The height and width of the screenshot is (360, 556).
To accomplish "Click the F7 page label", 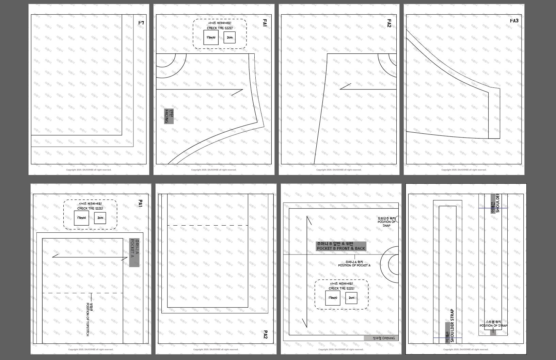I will point(141,23).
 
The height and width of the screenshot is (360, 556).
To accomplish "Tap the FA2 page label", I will point(389,23).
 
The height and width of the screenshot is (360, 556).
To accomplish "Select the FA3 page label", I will point(514,21).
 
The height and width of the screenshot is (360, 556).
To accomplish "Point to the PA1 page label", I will point(140,203).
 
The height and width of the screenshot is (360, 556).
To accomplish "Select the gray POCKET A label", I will point(134,252).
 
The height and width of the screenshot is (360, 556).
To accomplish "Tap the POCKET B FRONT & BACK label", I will point(341,246).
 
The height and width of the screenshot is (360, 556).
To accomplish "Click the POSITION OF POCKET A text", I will point(354,264).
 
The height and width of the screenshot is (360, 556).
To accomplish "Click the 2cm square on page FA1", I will point(229,37).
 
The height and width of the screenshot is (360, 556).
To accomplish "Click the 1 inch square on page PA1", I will point(81,218).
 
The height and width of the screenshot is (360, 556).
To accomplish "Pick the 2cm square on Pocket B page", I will point(351,298).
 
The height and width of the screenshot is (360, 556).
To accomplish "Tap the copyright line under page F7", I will point(89,170).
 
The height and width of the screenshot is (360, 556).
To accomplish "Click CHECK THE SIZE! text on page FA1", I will point(220,28).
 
